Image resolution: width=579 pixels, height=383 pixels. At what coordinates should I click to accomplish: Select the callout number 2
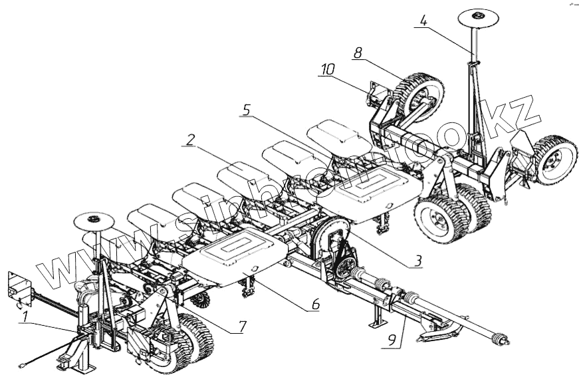(190, 140)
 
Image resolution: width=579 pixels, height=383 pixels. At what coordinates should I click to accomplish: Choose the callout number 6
(315, 305)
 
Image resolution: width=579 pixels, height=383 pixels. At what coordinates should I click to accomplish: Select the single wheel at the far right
(554, 160)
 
